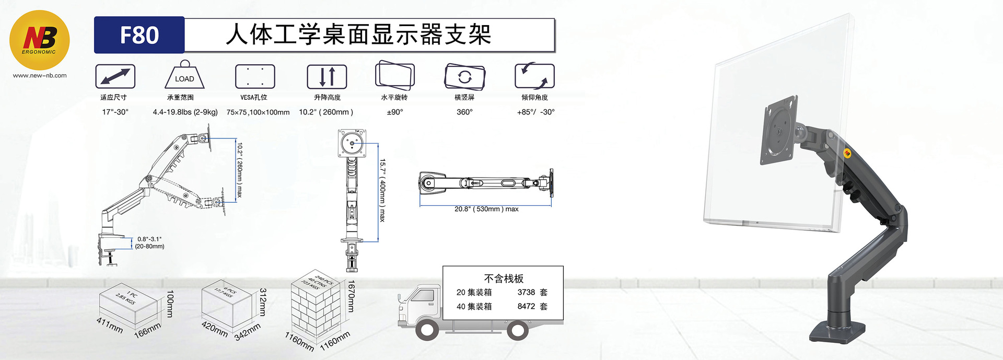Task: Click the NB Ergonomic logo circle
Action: (x=40, y=40)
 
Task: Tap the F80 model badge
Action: (x=139, y=35)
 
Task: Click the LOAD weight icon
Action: (x=184, y=76)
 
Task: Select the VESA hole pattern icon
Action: (x=255, y=76)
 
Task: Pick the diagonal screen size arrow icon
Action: (x=115, y=76)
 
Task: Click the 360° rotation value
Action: (x=464, y=112)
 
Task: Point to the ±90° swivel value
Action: (x=395, y=112)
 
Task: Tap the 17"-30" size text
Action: (x=115, y=112)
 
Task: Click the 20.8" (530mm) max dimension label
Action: (x=486, y=209)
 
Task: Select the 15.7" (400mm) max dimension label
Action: (x=382, y=190)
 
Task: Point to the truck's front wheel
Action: (x=427, y=329)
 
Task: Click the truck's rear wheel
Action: (x=518, y=329)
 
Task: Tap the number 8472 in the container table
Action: (x=526, y=307)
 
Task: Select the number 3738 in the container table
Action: (x=526, y=293)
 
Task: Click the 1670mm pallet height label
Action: (x=351, y=296)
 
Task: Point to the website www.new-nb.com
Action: (x=40, y=75)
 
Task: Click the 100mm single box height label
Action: (x=170, y=304)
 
